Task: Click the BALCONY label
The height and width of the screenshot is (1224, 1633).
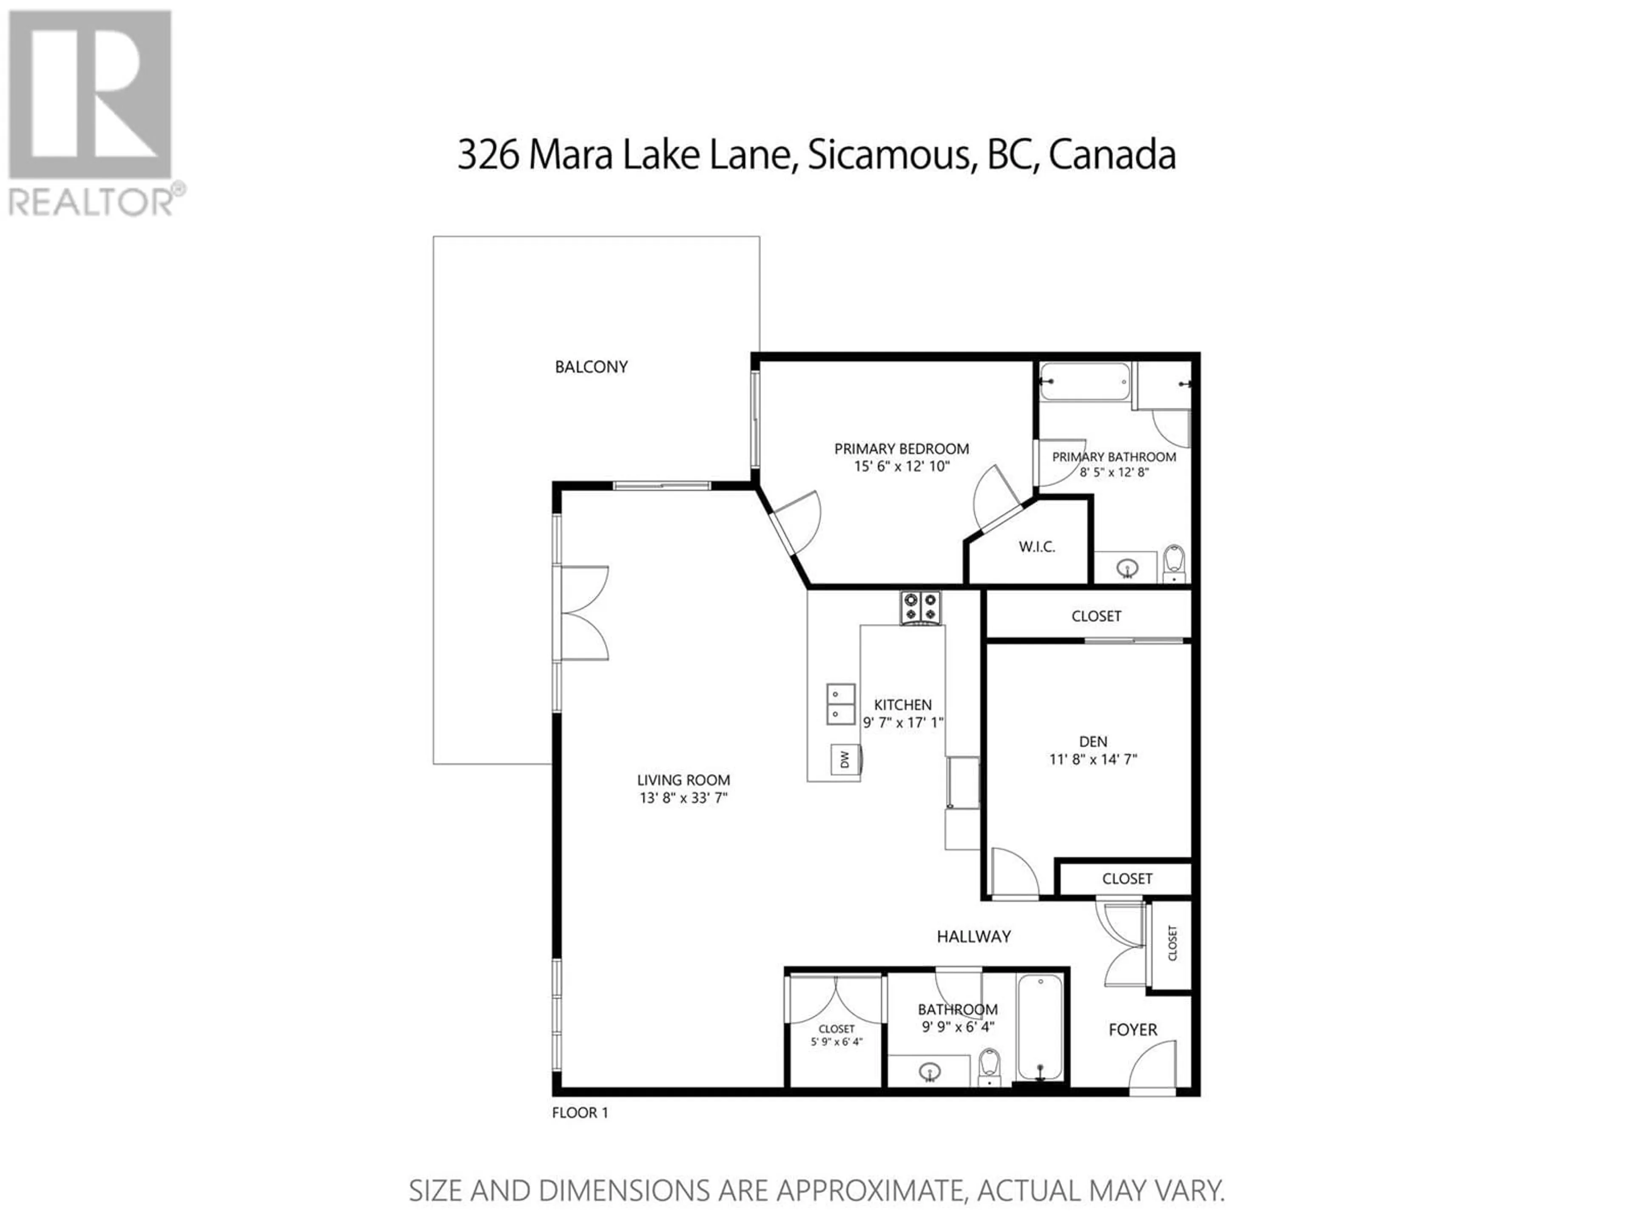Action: [x=592, y=367]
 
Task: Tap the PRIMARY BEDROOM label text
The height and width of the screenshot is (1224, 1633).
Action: [x=902, y=448]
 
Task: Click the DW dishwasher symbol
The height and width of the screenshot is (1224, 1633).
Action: [x=846, y=759]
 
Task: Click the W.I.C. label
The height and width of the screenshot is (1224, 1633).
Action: [x=1037, y=547]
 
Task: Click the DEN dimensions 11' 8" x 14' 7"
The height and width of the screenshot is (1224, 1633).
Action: [x=1093, y=759]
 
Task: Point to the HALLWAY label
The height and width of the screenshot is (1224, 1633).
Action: [x=974, y=936]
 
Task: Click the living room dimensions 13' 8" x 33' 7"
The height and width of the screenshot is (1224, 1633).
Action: [x=684, y=798]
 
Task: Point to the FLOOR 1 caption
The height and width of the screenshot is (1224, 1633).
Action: [x=580, y=1113]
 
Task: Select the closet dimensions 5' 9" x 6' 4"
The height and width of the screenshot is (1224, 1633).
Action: [x=836, y=1042]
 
